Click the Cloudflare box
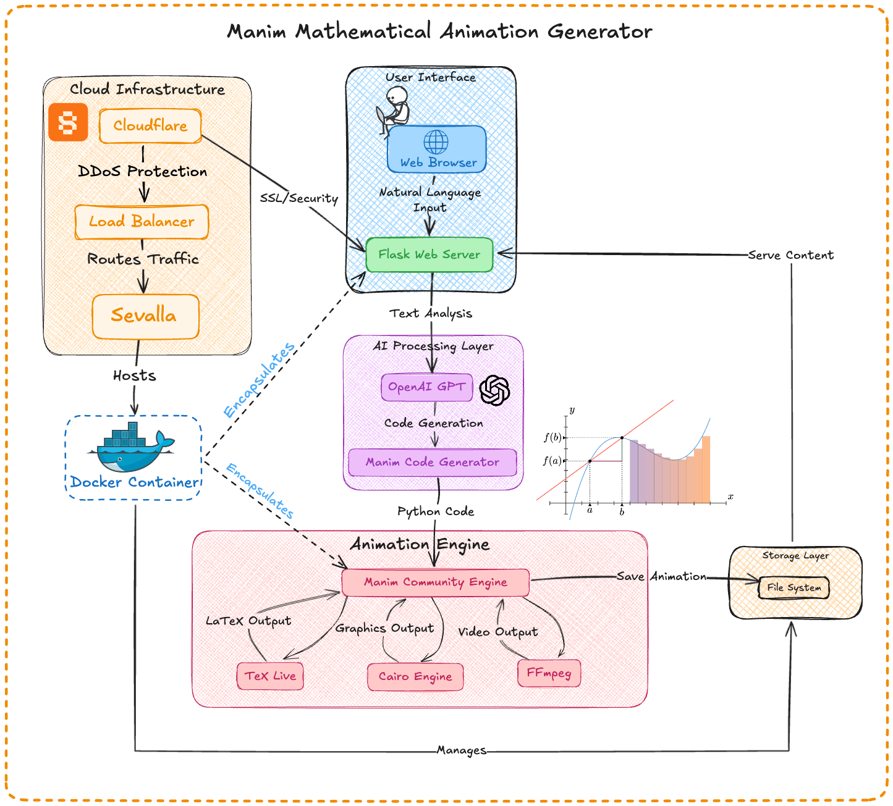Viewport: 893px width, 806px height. [x=150, y=126]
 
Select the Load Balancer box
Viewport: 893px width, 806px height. [x=142, y=222]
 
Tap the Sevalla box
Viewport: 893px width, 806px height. [x=145, y=316]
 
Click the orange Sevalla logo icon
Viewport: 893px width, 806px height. [x=68, y=122]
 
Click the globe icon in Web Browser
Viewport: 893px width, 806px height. [x=436, y=142]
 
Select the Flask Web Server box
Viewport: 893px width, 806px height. [x=430, y=254]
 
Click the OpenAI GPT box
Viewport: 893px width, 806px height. [x=426, y=387]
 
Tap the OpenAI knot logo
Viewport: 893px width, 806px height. [x=494, y=390]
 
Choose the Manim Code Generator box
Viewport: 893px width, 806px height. [x=433, y=463]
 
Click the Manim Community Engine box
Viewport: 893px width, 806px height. [x=435, y=582]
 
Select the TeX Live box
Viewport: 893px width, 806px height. [x=270, y=676]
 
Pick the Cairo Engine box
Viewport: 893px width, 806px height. [x=415, y=677]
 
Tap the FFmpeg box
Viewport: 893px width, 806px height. [x=549, y=673]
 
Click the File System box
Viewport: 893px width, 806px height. [x=794, y=588]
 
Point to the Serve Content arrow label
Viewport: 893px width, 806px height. [x=790, y=255]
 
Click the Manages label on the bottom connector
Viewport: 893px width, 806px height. [x=461, y=750]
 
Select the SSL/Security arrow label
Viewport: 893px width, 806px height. [x=299, y=198]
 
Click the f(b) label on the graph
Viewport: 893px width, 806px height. [x=552, y=437]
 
